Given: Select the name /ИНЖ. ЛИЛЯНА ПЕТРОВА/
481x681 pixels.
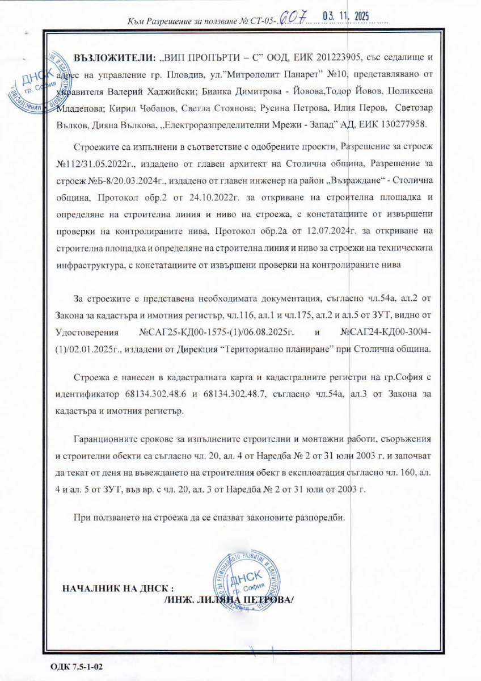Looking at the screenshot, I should coord(229,599).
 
